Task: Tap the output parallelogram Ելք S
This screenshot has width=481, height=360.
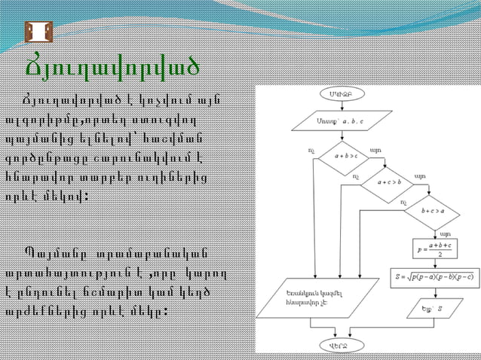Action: tap(433, 307)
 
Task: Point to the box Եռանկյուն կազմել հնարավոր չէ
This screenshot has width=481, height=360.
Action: tap(316, 298)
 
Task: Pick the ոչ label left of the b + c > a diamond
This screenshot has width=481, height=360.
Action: tap(403, 203)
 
